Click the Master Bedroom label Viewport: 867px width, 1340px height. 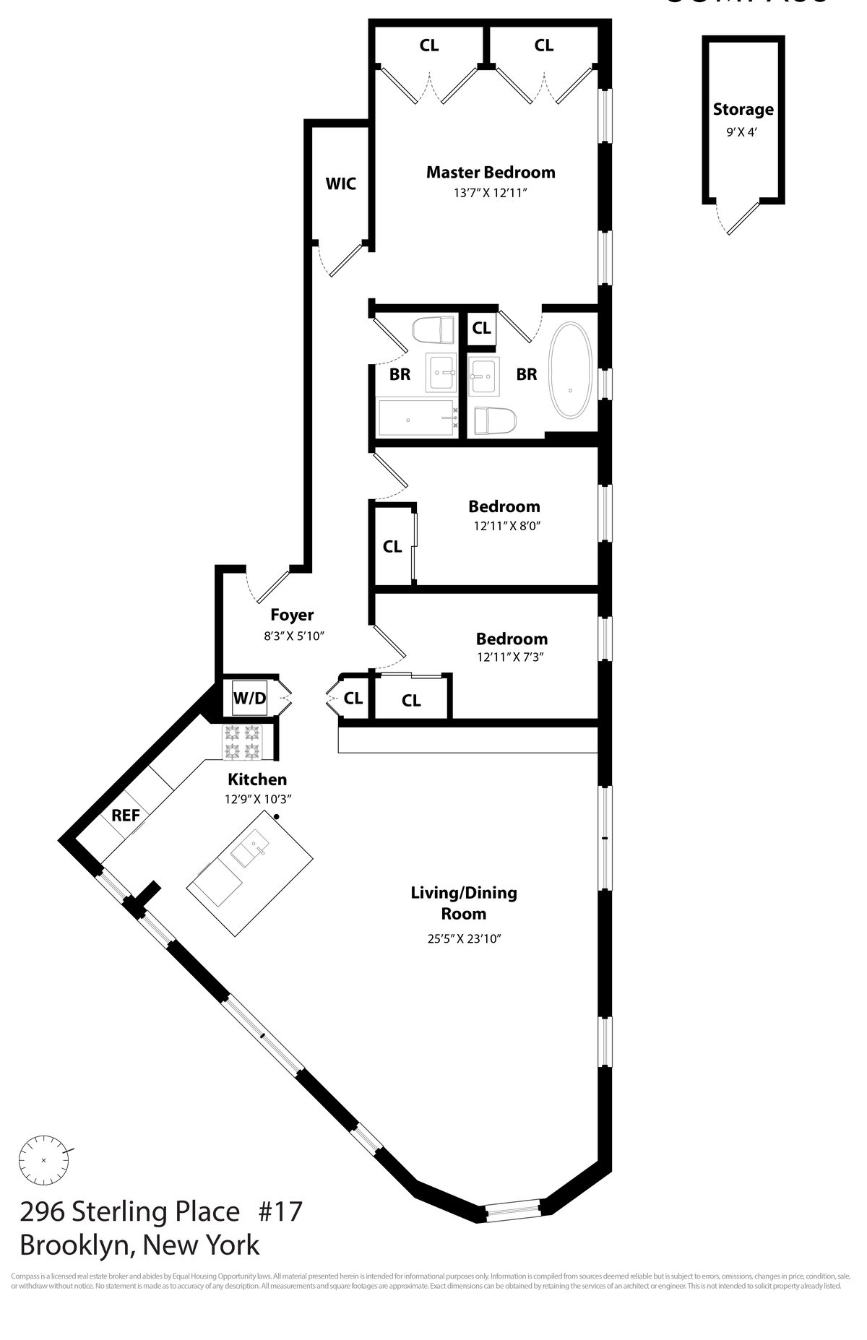click(491, 172)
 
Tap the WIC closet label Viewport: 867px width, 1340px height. click(340, 183)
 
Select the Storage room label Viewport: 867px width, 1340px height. click(743, 110)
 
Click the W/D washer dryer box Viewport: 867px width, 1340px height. click(249, 699)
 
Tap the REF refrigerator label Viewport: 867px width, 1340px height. click(126, 816)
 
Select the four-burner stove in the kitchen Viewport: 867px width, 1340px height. click(242, 742)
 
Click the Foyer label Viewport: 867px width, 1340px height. click(292, 615)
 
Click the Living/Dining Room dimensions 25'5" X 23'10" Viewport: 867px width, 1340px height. click(464, 939)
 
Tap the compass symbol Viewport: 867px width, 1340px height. click(44, 1160)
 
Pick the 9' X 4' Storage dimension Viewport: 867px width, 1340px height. click(742, 132)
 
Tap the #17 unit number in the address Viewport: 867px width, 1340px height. click(280, 1211)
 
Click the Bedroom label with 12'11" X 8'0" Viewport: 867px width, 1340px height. click(504, 506)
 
